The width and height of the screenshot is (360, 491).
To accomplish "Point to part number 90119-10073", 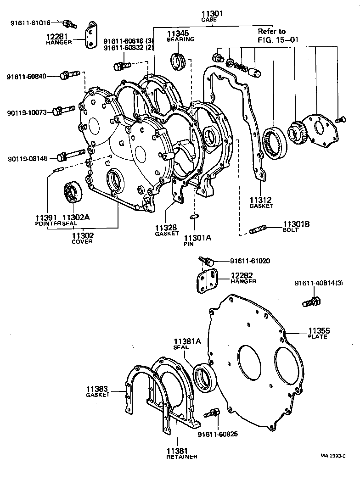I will [27, 112].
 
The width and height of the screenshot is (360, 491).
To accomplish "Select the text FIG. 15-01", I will [278, 40].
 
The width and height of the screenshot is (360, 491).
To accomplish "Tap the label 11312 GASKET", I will [261, 202].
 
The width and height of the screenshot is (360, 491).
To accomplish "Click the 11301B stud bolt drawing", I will [260, 228].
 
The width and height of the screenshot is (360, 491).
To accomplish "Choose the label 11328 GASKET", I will [166, 230].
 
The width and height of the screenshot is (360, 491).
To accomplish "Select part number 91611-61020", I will [250, 261].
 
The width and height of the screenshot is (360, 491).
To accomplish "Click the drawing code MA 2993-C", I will [333, 456].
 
